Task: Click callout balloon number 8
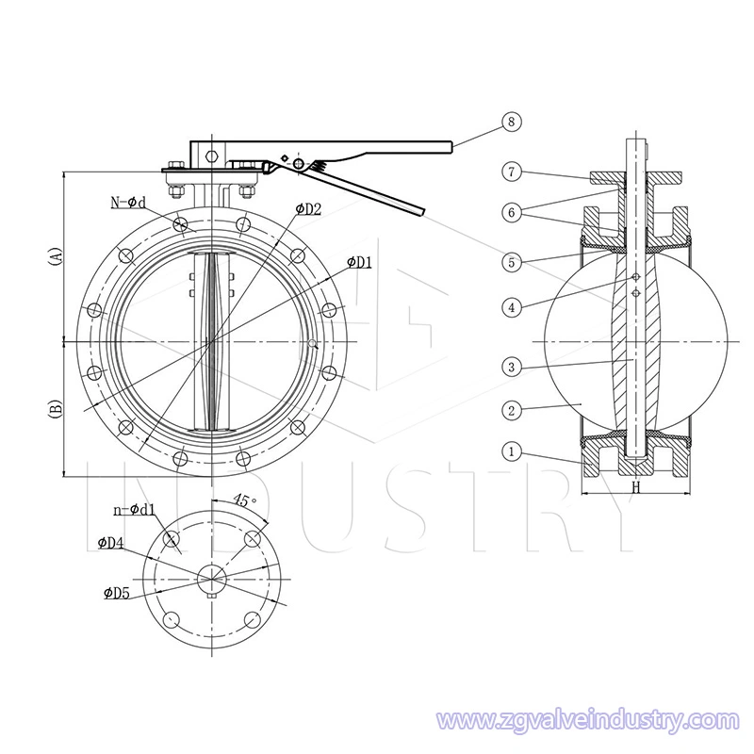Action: (511, 122)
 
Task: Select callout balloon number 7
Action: (512, 172)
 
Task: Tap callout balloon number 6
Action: (512, 213)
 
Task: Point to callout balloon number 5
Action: (512, 263)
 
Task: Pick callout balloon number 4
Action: (512, 307)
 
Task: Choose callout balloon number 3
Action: (512, 368)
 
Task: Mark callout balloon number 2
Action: (512, 411)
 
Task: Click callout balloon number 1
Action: (512, 451)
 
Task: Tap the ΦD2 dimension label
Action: (308, 208)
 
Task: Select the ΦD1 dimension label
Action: (360, 262)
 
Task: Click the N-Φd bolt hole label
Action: (128, 203)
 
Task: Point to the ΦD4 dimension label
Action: (110, 543)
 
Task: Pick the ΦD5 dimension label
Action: (117, 594)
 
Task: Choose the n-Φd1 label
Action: (135, 509)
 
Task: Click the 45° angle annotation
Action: (245, 500)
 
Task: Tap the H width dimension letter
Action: (636, 487)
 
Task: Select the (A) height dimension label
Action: (57, 256)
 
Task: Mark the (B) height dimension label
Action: (57, 409)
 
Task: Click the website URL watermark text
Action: (587, 721)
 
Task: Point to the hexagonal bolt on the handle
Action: (211, 156)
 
